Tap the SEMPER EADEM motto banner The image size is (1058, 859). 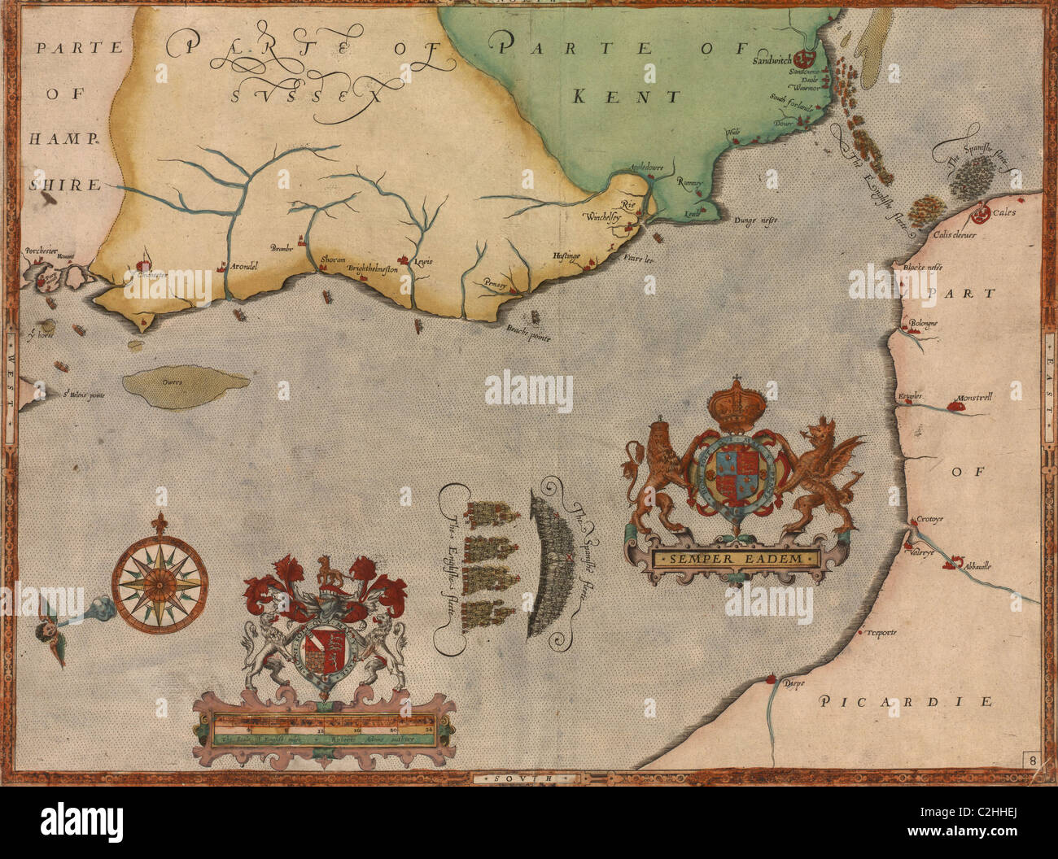coord(737,559)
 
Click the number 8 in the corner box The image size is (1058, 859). coord(1031,761)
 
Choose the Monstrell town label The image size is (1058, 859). coord(973,401)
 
